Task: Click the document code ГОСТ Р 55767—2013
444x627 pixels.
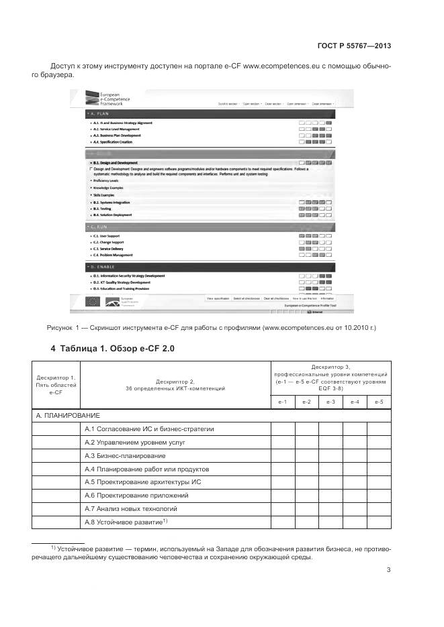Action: click(x=353, y=46)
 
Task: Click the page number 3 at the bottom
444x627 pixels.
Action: click(x=388, y=570)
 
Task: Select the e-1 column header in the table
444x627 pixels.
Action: click(x=283, y=402)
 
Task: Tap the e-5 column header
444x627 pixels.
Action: click(x=379, y=402)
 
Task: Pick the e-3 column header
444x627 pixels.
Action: click(x=330, y=402)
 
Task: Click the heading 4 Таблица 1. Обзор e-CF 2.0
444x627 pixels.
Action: click(x=113, y=349)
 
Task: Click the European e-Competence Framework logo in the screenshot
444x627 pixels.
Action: click(x=107, y=100)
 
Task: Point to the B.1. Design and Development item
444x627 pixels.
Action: click(x=116, y=163)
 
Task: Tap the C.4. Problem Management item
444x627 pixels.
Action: click(x=114, y=255)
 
